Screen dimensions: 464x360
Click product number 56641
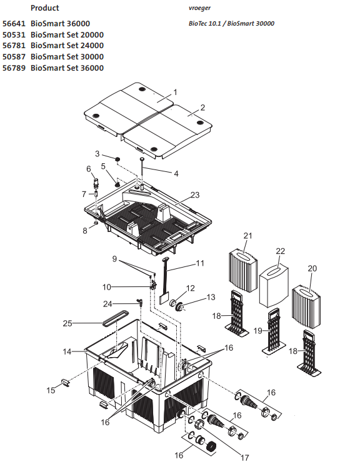(x=15, y=24)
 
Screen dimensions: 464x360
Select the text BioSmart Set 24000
(x=67, y=46)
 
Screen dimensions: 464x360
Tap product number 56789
(x=15, y=68)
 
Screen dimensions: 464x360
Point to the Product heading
(x=45, y=8)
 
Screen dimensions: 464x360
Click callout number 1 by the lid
(x=175, y=92)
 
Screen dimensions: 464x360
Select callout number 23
(x=195, y=195)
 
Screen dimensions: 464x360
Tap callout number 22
(x=281, y=251)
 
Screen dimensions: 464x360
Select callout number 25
(x=67, y=323)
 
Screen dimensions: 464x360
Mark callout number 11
(x=200, y=264)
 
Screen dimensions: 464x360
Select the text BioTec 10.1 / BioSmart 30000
(x=231, y=24)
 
